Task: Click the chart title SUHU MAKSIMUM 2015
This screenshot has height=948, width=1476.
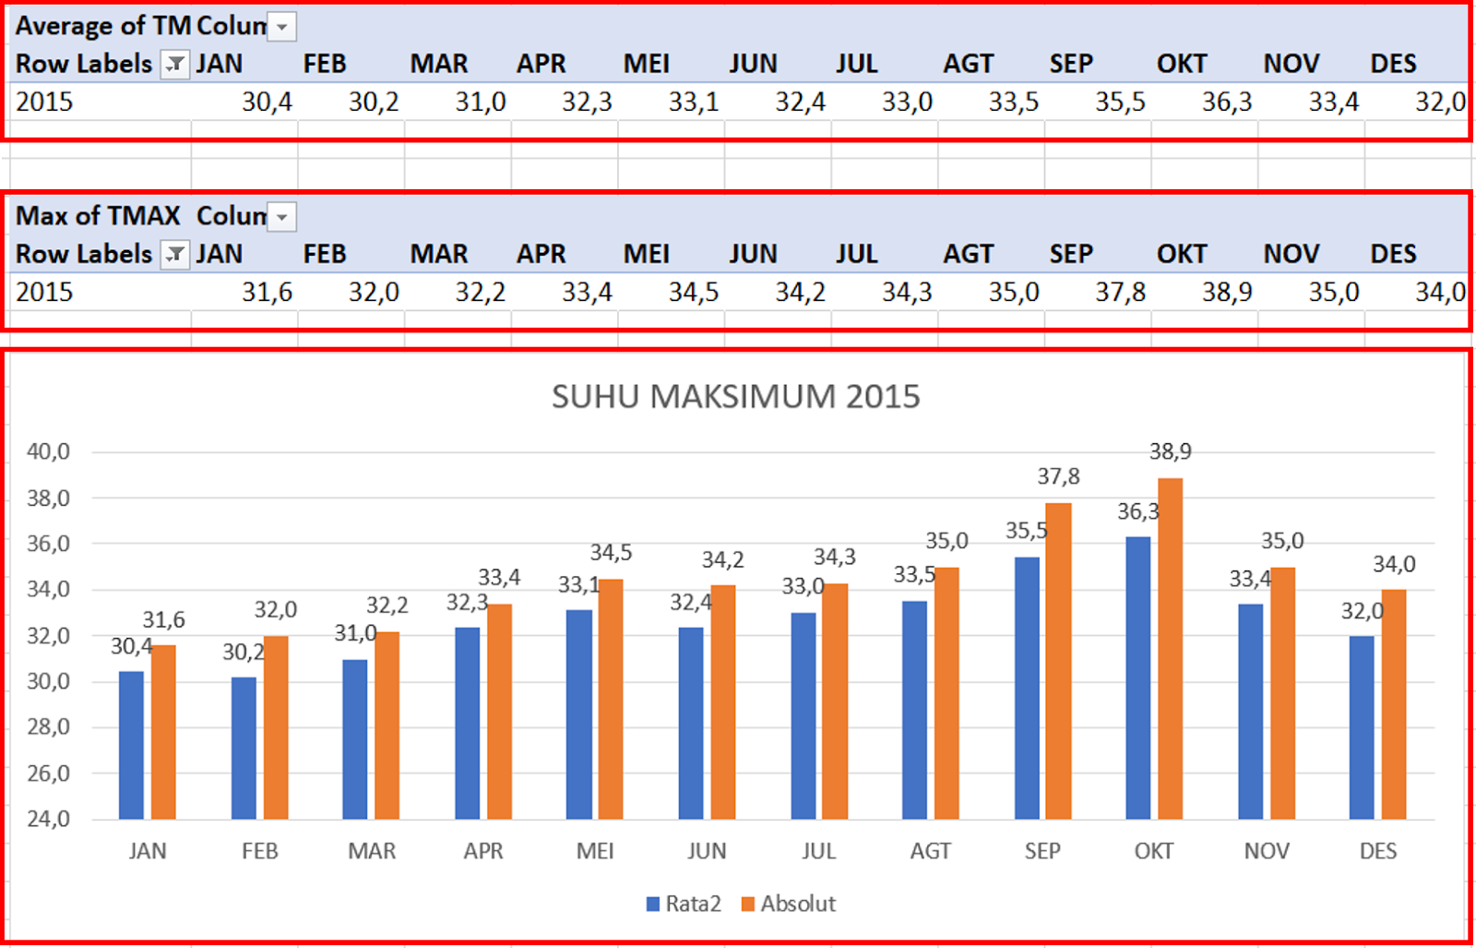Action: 735,396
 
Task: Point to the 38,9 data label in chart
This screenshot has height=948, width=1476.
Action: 1170,451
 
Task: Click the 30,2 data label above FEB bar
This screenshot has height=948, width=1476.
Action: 244,652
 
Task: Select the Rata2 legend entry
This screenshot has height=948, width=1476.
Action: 684,904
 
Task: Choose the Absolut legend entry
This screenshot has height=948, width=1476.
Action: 789,904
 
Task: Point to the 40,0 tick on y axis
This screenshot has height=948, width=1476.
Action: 48,451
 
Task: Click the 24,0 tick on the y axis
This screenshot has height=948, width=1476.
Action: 48,818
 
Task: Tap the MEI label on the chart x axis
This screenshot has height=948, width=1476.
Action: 595,851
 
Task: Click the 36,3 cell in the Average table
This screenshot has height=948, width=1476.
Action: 1226,102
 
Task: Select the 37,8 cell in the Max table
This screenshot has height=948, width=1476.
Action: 1120,292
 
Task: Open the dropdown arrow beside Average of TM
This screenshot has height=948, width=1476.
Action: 282,27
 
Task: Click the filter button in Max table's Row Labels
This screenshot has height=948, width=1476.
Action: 174,254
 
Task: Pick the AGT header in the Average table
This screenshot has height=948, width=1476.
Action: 968,64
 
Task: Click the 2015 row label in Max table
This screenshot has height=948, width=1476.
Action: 44,292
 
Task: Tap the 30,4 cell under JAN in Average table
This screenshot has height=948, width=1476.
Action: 267,102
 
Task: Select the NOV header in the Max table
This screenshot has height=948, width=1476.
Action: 1291,254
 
